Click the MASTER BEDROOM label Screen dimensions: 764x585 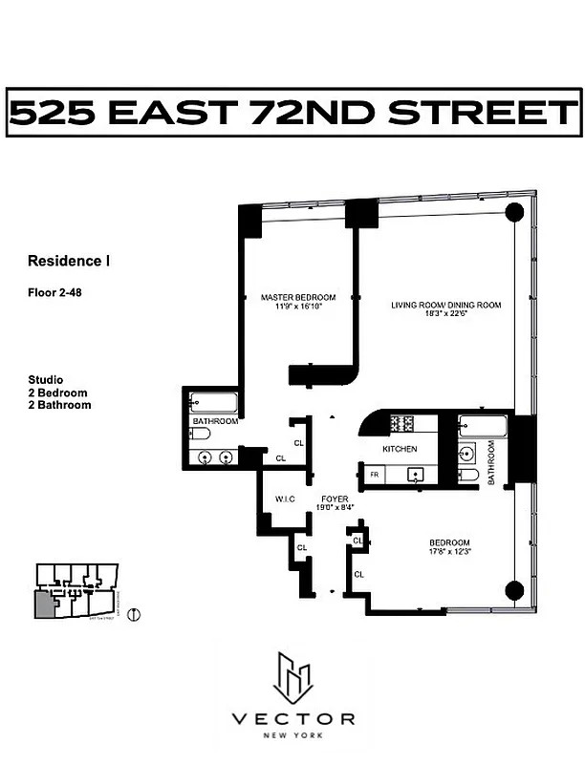coord(298,297)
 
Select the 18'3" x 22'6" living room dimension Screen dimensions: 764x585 coord(445,316)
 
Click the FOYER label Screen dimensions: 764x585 coord(334,499)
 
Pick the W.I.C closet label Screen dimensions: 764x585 coord(284,498)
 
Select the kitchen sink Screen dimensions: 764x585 coord(417,474)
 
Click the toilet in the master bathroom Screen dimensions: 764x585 coord(199,434)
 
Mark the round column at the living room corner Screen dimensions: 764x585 coord(513,212)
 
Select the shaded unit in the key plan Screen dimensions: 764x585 coord(45,603)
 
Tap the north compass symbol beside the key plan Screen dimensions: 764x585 coord(133,613)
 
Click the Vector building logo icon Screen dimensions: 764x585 coord(293,676)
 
